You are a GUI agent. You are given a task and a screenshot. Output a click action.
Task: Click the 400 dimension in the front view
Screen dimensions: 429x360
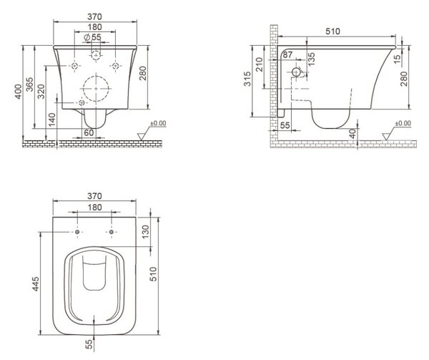point(18,92)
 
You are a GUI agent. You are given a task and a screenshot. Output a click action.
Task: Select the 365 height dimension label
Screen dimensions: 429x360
point(29,84)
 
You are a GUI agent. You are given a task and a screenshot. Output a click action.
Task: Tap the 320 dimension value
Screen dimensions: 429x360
point(41,92)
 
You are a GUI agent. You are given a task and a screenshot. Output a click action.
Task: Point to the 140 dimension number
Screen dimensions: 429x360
point(52,120)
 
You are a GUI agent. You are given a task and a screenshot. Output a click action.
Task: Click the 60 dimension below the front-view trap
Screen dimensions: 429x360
point(89,133)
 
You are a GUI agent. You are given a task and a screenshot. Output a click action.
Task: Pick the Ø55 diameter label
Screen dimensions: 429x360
point(92,37)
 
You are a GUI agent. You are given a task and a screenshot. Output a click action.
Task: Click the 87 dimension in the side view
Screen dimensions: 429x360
point(287,55)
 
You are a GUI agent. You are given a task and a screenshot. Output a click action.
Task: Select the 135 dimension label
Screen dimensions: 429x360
point(312,59)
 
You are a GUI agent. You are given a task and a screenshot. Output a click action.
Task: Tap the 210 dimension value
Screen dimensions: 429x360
point(260,64)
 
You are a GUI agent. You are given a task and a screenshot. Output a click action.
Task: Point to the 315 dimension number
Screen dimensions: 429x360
point(247,79)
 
